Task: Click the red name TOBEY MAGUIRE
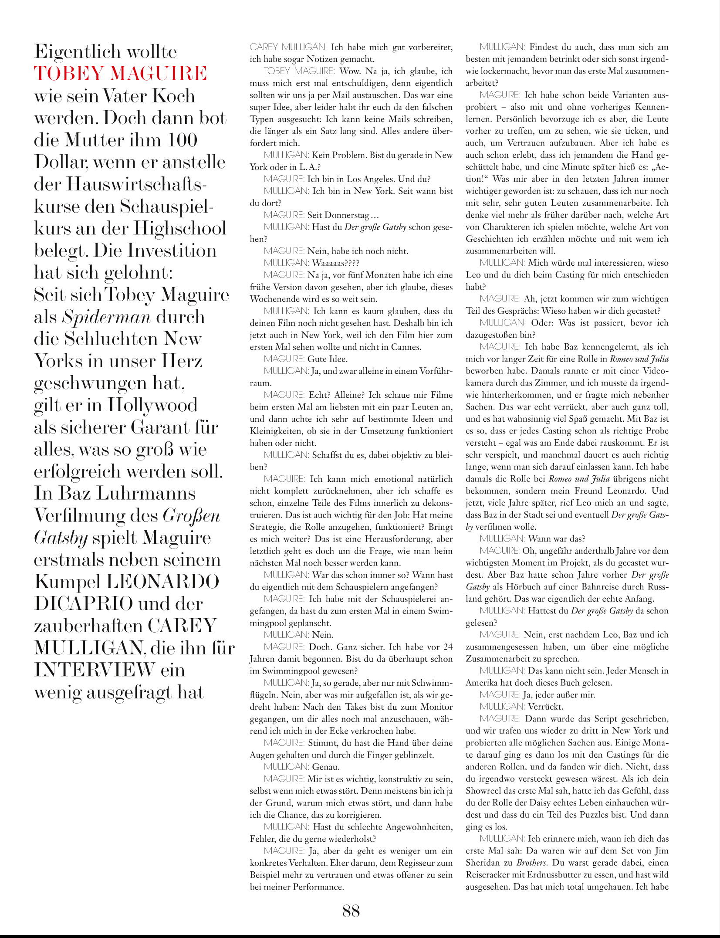tap(120, 73)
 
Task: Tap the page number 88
tap(351, 910)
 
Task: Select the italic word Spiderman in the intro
tap(106, 317)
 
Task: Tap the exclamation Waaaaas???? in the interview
tap(335, 263)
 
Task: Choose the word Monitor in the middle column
tap(436, 707)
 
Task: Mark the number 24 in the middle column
tap(448, 647)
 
